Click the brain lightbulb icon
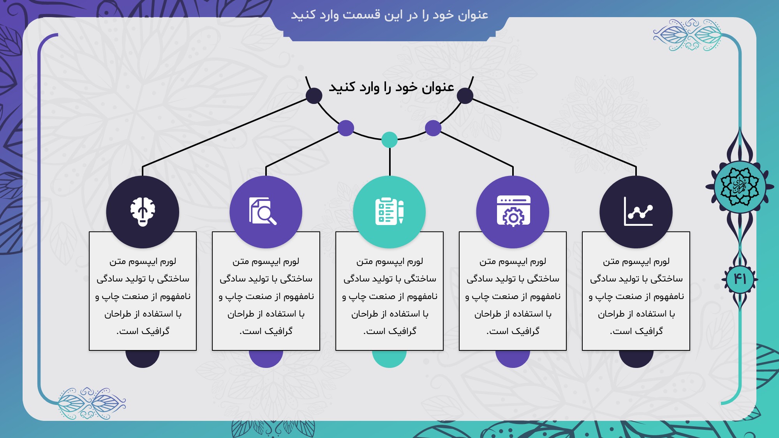click(x=143, y=212)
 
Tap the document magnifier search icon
click(x=263, y=211)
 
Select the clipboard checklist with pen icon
click(x=389, y=211)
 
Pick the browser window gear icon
click(x=513, y=211)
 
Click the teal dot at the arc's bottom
click(x=389, y=140)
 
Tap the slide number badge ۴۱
click(x=740, y=279)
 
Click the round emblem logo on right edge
click(x=740, y=186)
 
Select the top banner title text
click(x=389, y=15)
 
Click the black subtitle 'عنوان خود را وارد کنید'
click(x=391, y=87)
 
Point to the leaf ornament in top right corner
click(x=687, y=35)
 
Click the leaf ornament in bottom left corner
click(x=92, y=403)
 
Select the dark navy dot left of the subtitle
click(x=314, y=96)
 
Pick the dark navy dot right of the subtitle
click(x=465, y=96)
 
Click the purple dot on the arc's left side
click(x=346, y=128)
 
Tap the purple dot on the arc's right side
click(x=433, y=128)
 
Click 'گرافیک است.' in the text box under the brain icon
click(x=143, y=331)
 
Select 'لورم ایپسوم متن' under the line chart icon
click(x=636, y=261)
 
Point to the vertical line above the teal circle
click(x=389, y=162)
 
